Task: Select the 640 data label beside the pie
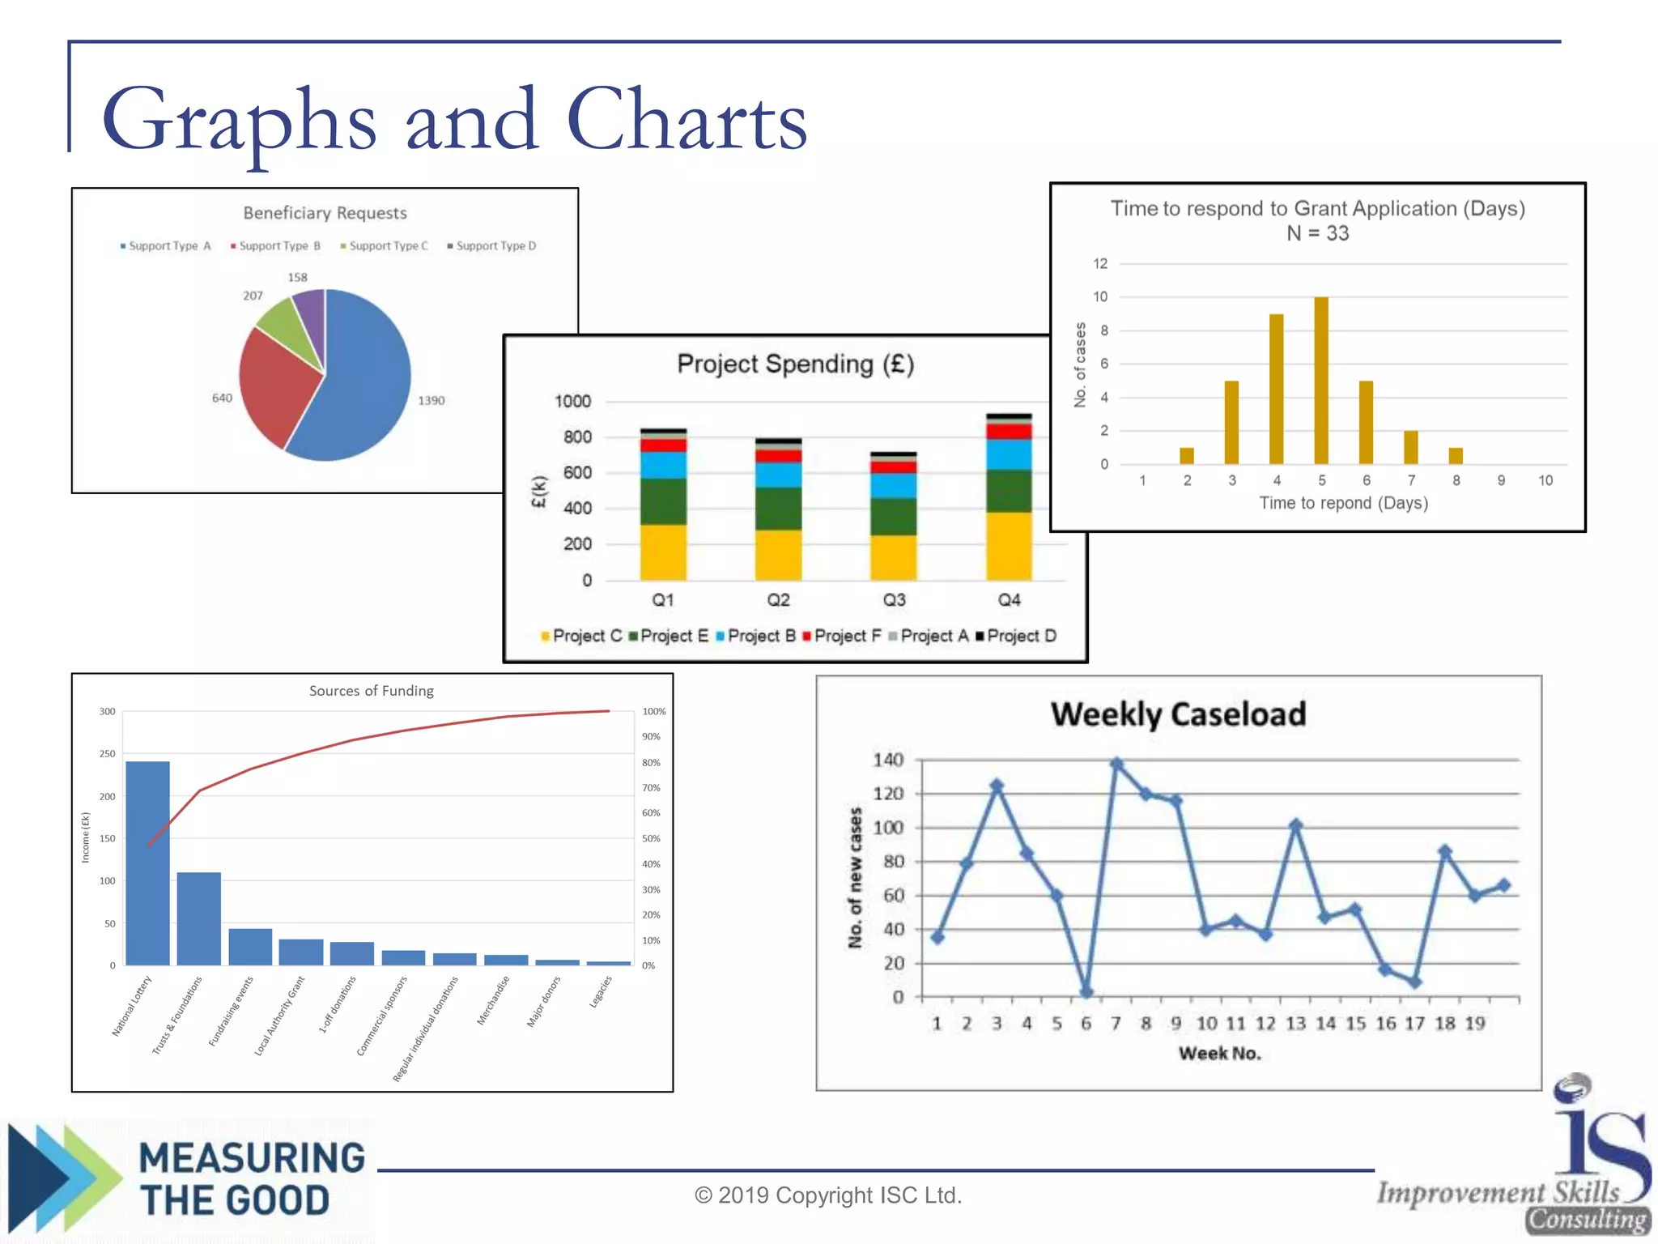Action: click(222, 398)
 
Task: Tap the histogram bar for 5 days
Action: click(1321, 381)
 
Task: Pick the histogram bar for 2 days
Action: click(1187, 456)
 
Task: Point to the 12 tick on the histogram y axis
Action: click(1100, 264)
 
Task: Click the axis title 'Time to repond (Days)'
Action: click(1343, 503)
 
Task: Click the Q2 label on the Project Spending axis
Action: click(778, 600)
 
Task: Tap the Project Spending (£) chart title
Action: click(795, 364)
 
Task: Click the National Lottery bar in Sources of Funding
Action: click(147, 863)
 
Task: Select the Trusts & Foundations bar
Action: click(199, 918)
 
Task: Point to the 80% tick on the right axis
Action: click(651, 763)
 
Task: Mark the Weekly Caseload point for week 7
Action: click(1116, 764)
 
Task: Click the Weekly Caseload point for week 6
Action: click(1086, 991)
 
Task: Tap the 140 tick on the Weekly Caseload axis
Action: click(888, 760)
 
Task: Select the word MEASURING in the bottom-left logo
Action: click(252, 1158)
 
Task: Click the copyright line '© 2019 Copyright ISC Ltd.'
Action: click(827, 1195)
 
